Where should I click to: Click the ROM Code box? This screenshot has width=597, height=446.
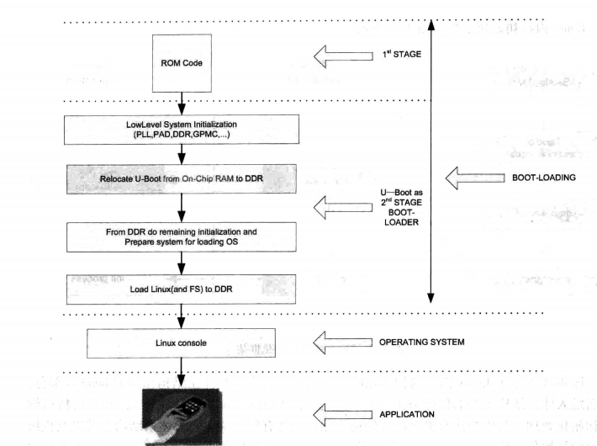tap(178, 62)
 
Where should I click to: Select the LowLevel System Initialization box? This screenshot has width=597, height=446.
tap(180, 130)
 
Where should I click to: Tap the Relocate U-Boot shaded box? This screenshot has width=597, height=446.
tap(180, 178)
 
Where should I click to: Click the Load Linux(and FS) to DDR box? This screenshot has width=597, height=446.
tap(180, 288)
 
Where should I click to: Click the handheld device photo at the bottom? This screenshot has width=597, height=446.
tap(181, 413)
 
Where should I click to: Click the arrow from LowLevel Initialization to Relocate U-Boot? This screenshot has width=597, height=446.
tap(180, 153)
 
